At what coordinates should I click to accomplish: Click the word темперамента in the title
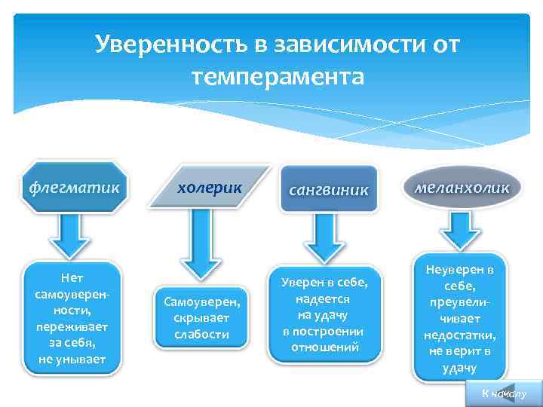(278, 76)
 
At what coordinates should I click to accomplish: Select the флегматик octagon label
(74, 186)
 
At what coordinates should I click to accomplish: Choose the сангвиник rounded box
(329, 189)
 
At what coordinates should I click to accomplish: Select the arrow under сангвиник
(329, 238)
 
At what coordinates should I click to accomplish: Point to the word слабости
(201, 334)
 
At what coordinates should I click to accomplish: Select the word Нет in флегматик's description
(72, 278)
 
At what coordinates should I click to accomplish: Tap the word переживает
(72, 326)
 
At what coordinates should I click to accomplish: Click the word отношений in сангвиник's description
(324, 347)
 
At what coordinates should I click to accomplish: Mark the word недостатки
(459, 335)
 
